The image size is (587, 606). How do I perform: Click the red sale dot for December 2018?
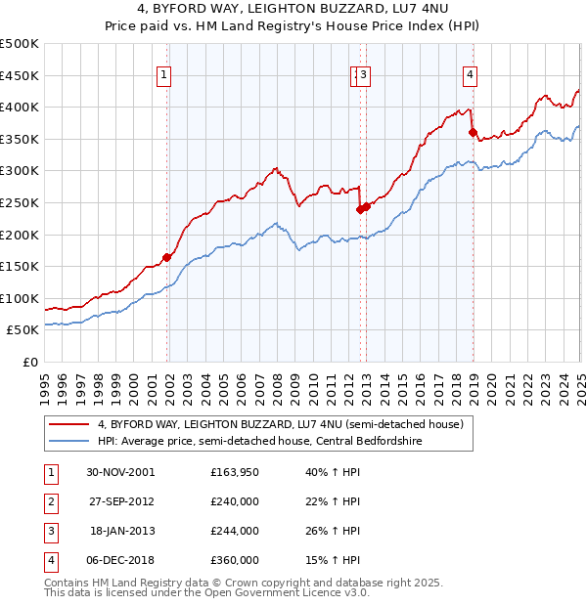[x=473, y=132]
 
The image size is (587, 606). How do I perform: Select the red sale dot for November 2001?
[x=167, y=257]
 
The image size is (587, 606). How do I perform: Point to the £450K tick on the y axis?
[x=20, y=75]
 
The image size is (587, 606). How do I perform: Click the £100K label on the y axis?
[x=20, y=298]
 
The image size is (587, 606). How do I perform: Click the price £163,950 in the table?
[x=235, y=472]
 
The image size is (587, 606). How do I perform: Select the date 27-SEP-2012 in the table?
[x=120, y=501]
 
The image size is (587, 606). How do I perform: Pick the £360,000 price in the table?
[x=235, y=560]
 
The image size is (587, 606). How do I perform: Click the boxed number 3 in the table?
[x=49, y=531]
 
